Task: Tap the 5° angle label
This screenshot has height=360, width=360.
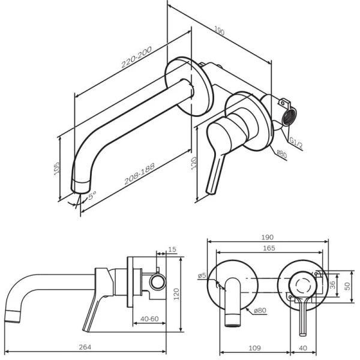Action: [x=92, y=196]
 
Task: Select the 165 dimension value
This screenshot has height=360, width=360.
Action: [x=269, y=247]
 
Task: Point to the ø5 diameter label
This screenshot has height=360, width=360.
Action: [x=202, y=275]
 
